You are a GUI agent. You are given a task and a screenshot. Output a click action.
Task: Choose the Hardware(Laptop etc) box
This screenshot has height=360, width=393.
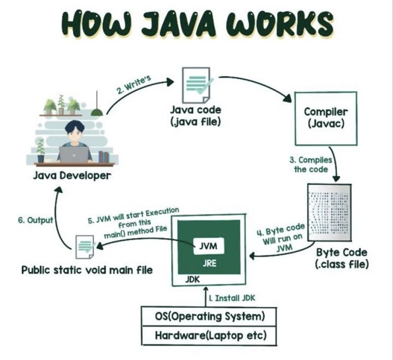[209, 336]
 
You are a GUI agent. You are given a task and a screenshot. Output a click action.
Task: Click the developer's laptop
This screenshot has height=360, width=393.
[71, 154]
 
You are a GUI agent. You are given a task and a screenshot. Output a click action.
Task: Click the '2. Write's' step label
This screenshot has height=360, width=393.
[134, 84]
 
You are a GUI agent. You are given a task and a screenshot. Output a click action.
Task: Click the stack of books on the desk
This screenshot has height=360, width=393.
[103, 156]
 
